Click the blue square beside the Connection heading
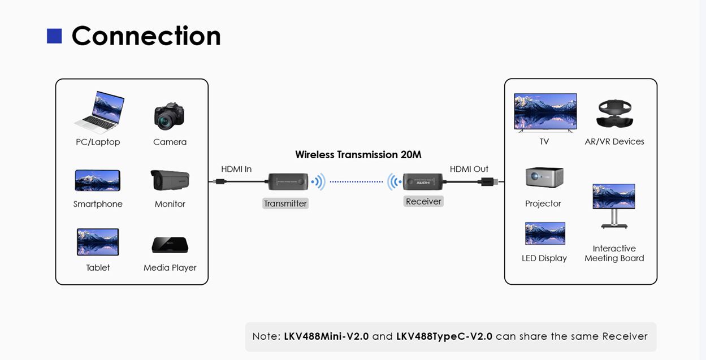pos(54,36)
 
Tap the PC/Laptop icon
pos(99,112)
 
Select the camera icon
pos(170,116)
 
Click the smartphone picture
pos(98,180)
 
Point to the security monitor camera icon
pos(170,180)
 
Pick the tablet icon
pos(98,242)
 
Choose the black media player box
pos(170,245)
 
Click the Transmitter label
pos(285,203)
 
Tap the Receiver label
pos(423,201)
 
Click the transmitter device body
pos(288,181)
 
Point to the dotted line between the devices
pos(356,181)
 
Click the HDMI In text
pos(236,169)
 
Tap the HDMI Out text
pos(469,169)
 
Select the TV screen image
pos(545,111)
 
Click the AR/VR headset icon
pos(614,114)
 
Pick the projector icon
pos(544,177)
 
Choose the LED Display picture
pos(545,233)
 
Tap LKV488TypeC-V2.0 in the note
pos(444,336)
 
